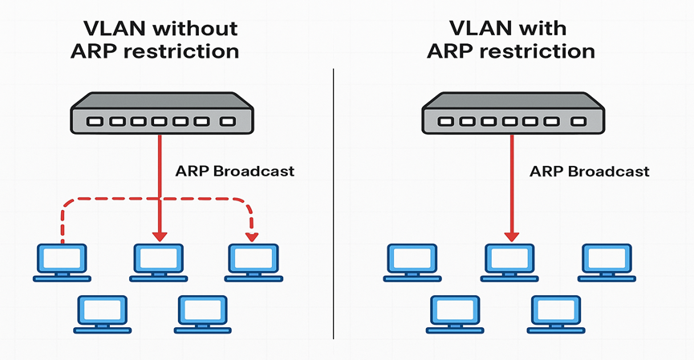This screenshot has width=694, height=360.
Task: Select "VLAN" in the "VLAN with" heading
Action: [479, 29]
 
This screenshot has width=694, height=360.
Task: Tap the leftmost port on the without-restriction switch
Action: [95, 123]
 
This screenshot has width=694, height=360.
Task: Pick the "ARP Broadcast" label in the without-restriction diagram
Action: [234, 171]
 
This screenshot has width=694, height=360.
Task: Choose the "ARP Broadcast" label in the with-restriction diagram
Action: [590, 172]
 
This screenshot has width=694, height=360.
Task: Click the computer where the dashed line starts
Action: [62, 261]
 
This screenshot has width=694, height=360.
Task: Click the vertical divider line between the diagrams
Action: [333, 200]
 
